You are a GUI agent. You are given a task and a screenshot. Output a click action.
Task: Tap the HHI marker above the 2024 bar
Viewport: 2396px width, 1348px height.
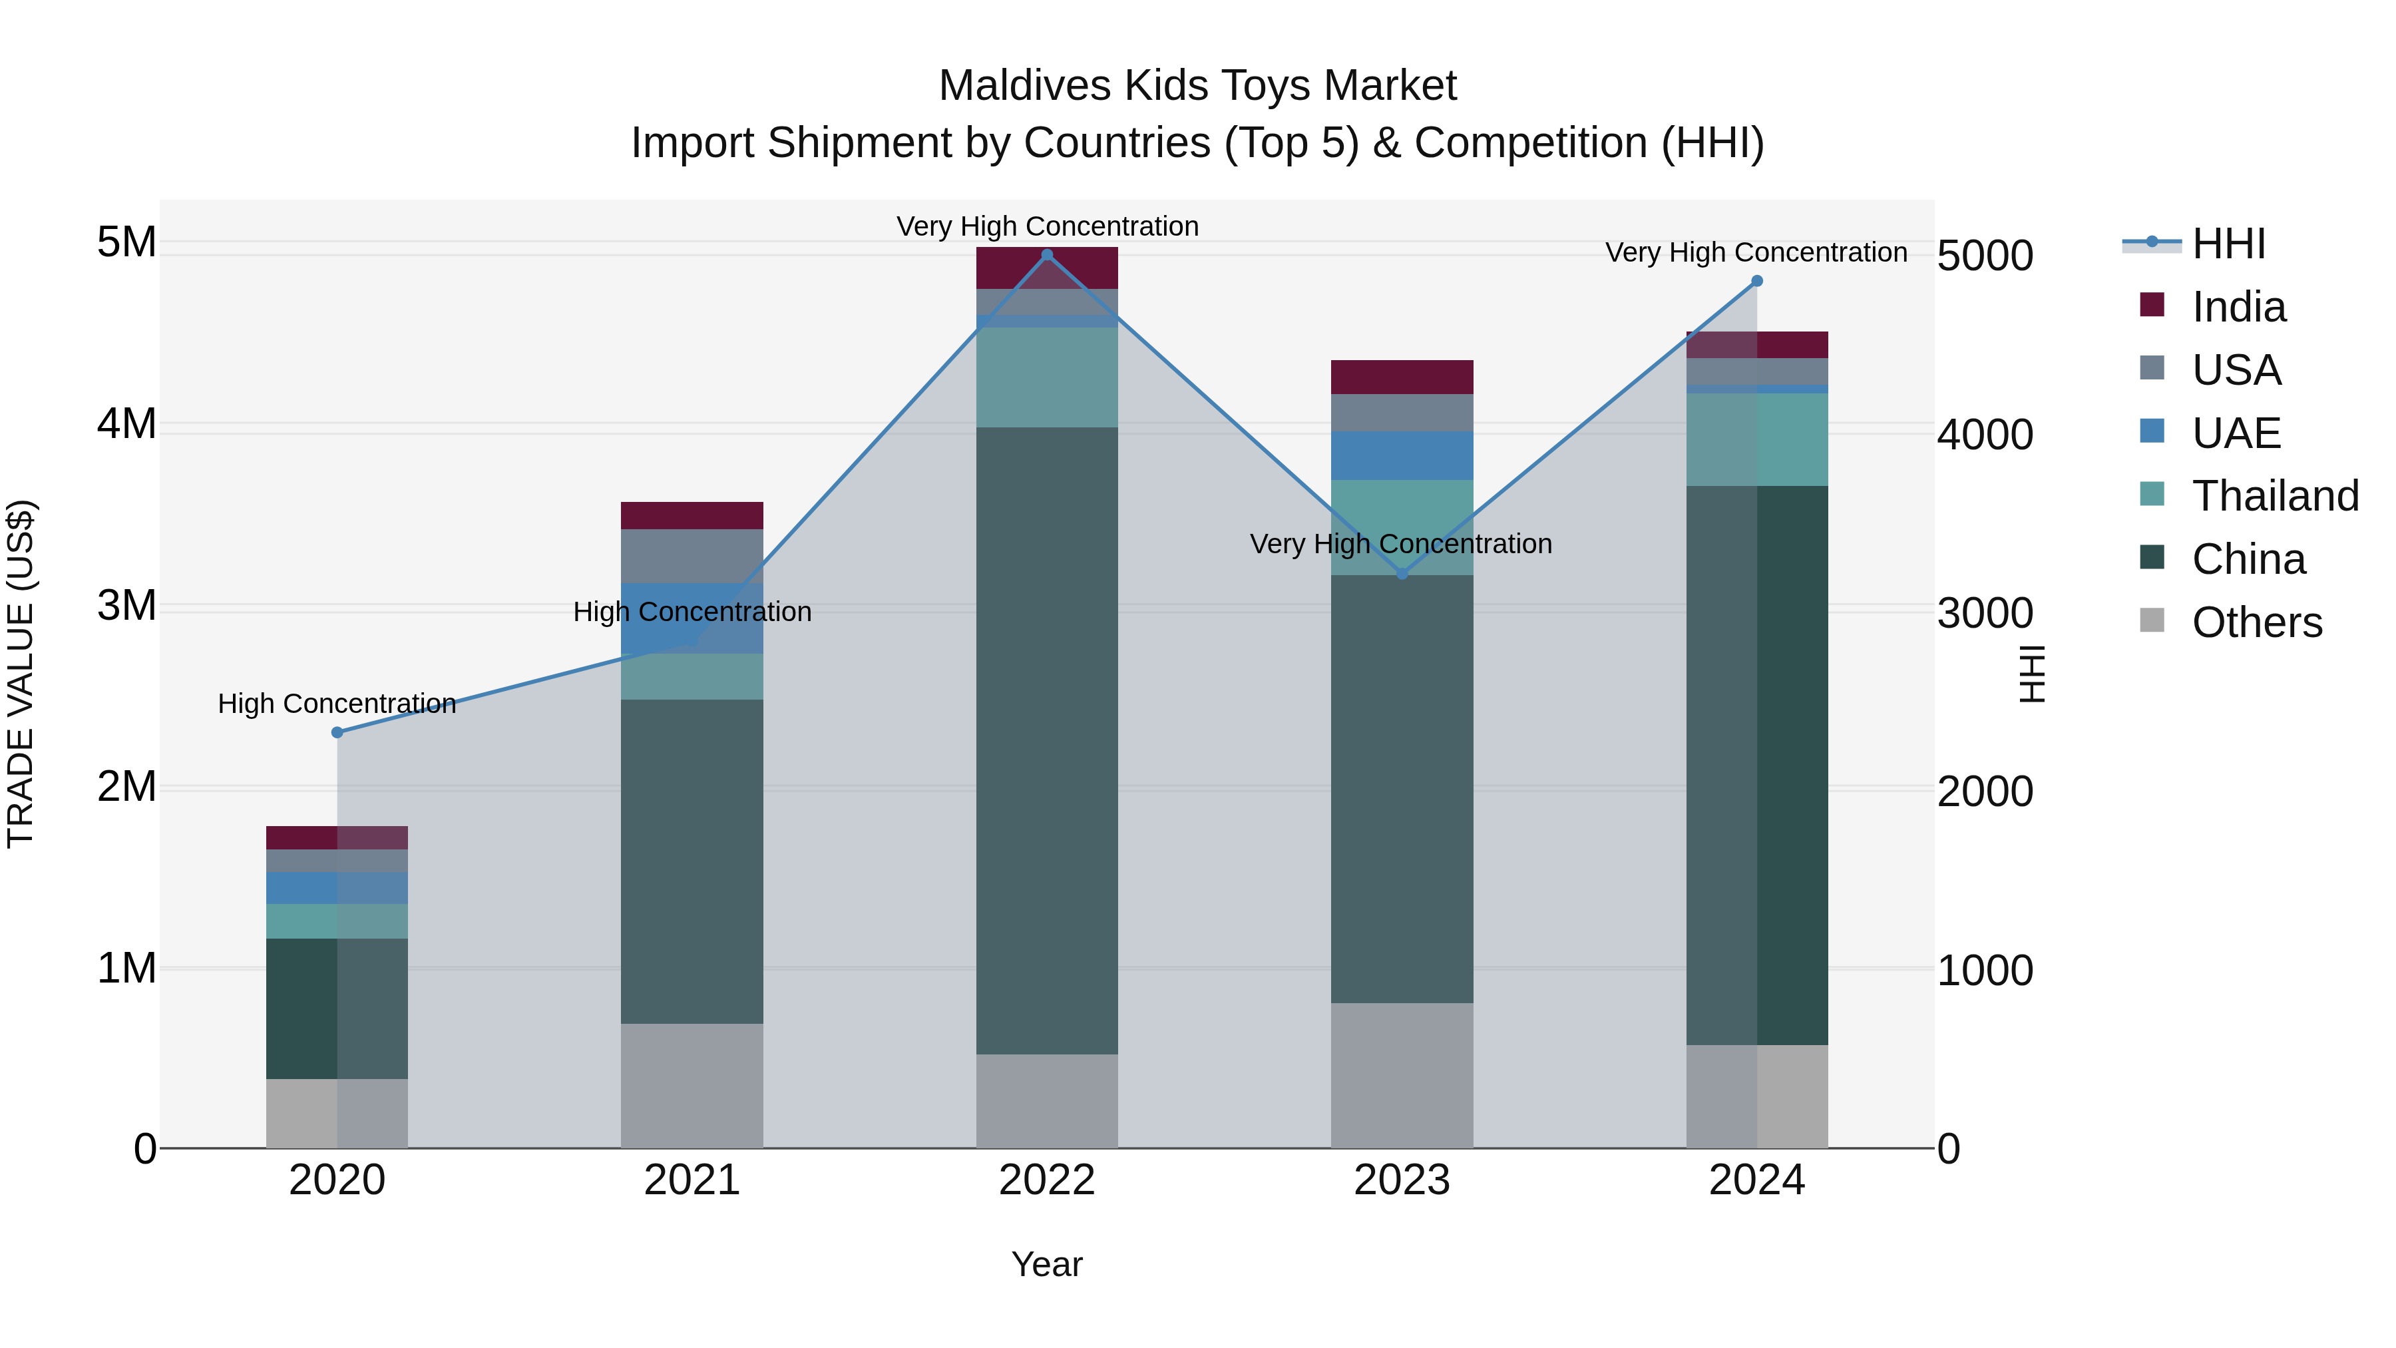tap(1756, 281)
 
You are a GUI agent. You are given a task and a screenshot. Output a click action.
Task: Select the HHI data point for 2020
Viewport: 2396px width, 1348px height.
tap(337, 732)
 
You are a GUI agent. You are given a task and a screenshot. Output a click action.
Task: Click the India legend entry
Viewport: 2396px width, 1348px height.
tap(2237, 307)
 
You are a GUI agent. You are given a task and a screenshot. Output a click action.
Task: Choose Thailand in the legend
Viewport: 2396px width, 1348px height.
tap(2274, 496)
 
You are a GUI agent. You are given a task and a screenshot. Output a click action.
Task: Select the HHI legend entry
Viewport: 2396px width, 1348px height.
tap(2228, 244)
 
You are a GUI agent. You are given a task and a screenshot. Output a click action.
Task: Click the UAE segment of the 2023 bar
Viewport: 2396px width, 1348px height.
tap(1402, 456)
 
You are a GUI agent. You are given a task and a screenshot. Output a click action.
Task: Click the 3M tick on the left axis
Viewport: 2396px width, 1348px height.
tap(126, 606)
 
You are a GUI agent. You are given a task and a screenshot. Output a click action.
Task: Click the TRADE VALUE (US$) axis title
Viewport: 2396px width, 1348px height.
tap(21, 674)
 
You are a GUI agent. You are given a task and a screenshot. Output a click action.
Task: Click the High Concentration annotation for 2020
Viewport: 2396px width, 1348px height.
tap(337, 704)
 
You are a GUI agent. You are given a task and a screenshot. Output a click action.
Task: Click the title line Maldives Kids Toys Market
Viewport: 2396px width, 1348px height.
tap(1197, 86)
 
